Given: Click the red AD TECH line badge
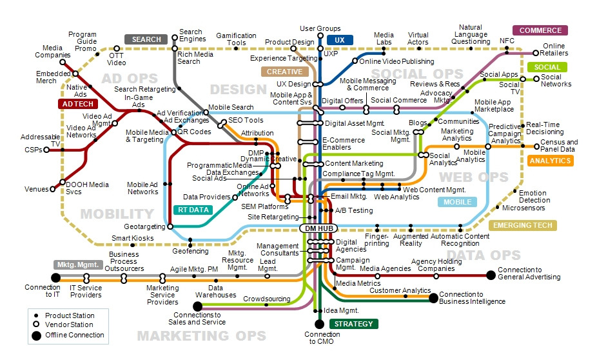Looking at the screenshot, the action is [78, 104].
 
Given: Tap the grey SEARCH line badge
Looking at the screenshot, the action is [146, 39].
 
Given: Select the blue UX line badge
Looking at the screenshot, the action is [339, 40].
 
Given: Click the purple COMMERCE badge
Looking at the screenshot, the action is [540, 30].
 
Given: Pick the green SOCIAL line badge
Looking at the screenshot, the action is [547, 67].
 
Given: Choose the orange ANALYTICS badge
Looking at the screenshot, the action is [550, 161].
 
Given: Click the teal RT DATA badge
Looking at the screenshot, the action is [193, 210].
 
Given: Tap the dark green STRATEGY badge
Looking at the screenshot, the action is [353, 324].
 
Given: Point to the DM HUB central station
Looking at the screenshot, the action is [319, 228].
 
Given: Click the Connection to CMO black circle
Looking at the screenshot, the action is [319, 324].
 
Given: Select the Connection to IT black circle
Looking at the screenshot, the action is [56, 277].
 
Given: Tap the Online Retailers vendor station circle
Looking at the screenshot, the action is [536, 53].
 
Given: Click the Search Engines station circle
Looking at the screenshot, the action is [175, 37].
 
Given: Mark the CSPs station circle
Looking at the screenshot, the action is [46, 150].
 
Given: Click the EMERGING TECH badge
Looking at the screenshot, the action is [523, 226].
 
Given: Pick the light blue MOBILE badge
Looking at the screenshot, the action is [457, 202].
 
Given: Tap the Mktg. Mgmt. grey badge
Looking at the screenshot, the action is [78, 265].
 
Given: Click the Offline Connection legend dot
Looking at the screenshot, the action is [36, 335].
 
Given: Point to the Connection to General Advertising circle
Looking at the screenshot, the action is [491, 275].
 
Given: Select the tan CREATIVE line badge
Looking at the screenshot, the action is [284, 72].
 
